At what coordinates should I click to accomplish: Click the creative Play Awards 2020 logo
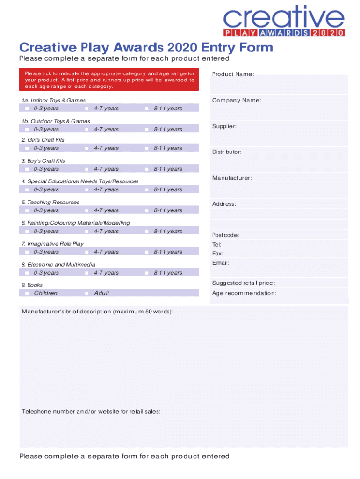point(284,21)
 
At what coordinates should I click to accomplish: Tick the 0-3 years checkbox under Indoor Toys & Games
point(27,109)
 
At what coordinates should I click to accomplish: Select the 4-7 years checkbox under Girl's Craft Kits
point(87,148)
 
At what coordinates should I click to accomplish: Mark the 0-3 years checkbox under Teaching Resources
point(27,210)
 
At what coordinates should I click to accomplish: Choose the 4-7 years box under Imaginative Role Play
point(87,252)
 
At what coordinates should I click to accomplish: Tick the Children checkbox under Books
point(27,293)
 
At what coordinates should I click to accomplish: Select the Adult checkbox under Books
point(87,293)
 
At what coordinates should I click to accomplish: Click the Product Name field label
point(233,74)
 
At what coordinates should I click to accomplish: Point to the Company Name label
point(237,101)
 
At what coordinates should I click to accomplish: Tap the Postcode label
point(226,235)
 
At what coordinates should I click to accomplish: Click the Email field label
point(221,263)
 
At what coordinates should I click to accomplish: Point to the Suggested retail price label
point(244,283)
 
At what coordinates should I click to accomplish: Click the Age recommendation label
point(244,293)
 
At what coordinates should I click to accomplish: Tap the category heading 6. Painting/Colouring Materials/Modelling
point(75,223)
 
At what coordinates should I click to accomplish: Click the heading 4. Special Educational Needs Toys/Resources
point(79,181)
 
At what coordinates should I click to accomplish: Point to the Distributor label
point(227,152)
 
